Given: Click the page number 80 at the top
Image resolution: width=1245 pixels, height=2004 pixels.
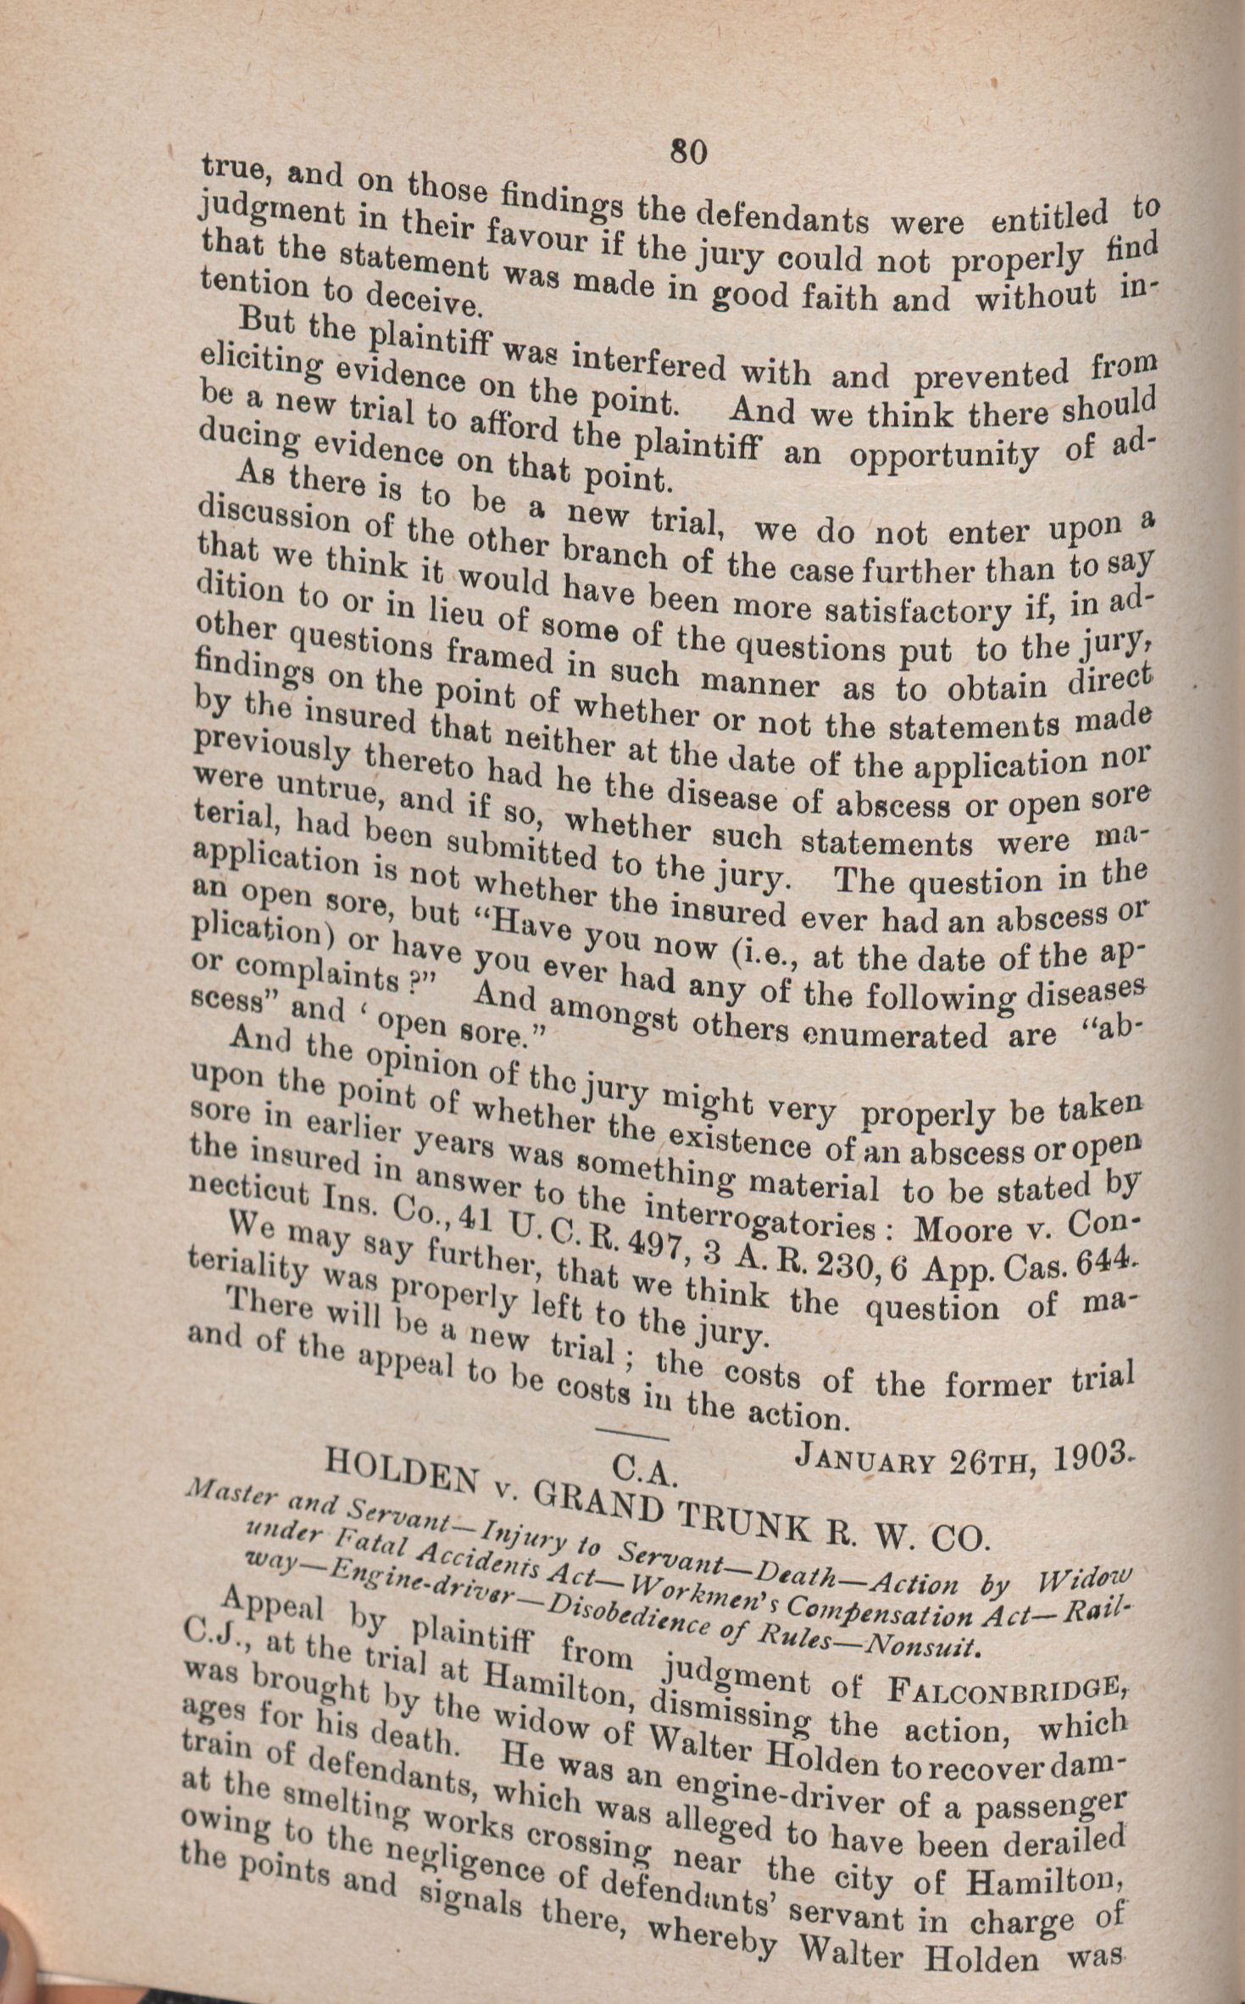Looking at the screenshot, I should pyautogui.click(x=688, y=152).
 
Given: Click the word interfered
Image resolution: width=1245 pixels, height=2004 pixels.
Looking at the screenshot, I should pyautogui.click(x=649, y=362).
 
